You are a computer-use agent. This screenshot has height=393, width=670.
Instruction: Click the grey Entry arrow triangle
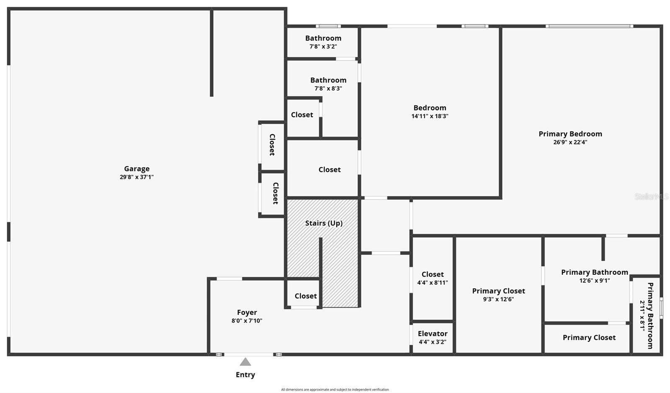click(245, 362)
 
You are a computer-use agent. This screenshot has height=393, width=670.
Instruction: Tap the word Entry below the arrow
click(245, 375)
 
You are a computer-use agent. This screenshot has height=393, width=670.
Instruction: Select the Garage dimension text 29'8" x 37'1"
click(137, 177)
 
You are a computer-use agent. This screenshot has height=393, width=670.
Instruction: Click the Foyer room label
click(247, 313)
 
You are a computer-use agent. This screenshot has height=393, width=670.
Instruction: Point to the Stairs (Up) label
click(324, 223)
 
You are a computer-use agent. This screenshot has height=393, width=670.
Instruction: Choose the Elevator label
click(433, 334)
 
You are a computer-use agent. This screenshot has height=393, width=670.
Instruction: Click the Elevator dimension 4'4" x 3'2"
click(433, 342)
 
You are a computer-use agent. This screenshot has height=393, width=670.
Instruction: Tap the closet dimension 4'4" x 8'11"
click(433, 283)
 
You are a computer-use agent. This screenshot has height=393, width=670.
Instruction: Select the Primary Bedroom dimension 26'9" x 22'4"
click(570, 142)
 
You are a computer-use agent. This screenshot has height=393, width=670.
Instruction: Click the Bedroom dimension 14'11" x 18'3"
click(430, 116)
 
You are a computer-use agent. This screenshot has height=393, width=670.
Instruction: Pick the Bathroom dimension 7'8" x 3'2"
click(323, 47)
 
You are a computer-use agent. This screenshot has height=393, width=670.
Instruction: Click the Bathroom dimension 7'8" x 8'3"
click(328, 88)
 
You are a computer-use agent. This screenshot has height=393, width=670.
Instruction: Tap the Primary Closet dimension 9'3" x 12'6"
click(498, 299)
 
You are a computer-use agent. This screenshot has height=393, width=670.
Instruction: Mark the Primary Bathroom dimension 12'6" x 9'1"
click(595, 281)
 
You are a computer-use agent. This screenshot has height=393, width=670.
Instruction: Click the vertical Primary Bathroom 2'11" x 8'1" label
click(647, 315)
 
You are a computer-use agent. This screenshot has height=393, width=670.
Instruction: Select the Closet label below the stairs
click(306, 296)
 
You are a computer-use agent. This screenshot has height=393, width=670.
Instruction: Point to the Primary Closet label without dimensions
click(589, 338)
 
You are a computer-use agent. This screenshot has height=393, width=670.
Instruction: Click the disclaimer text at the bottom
click(335, 390)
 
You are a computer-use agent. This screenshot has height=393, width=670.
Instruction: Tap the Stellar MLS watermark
click(652, 196)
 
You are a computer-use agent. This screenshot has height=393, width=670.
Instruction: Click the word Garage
click(137, 169)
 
